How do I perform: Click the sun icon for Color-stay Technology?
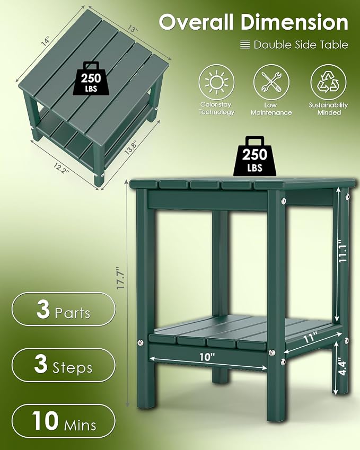(216, 82)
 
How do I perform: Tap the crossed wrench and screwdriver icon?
(271, 82)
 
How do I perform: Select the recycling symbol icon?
(328, 82)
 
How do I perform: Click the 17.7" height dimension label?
(121, 278)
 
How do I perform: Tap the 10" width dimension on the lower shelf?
(207, 357)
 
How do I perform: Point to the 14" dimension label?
(46, 41)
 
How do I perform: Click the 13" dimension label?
(133, 29)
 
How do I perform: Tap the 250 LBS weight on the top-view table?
(91, 78)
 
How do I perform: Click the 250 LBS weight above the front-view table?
(254, 156)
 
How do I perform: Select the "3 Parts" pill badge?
(63, 309)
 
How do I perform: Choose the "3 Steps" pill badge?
(63, 365)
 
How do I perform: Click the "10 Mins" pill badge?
(63, 421)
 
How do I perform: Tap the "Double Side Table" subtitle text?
(301, 45)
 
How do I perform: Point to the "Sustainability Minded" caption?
(328, 109)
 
